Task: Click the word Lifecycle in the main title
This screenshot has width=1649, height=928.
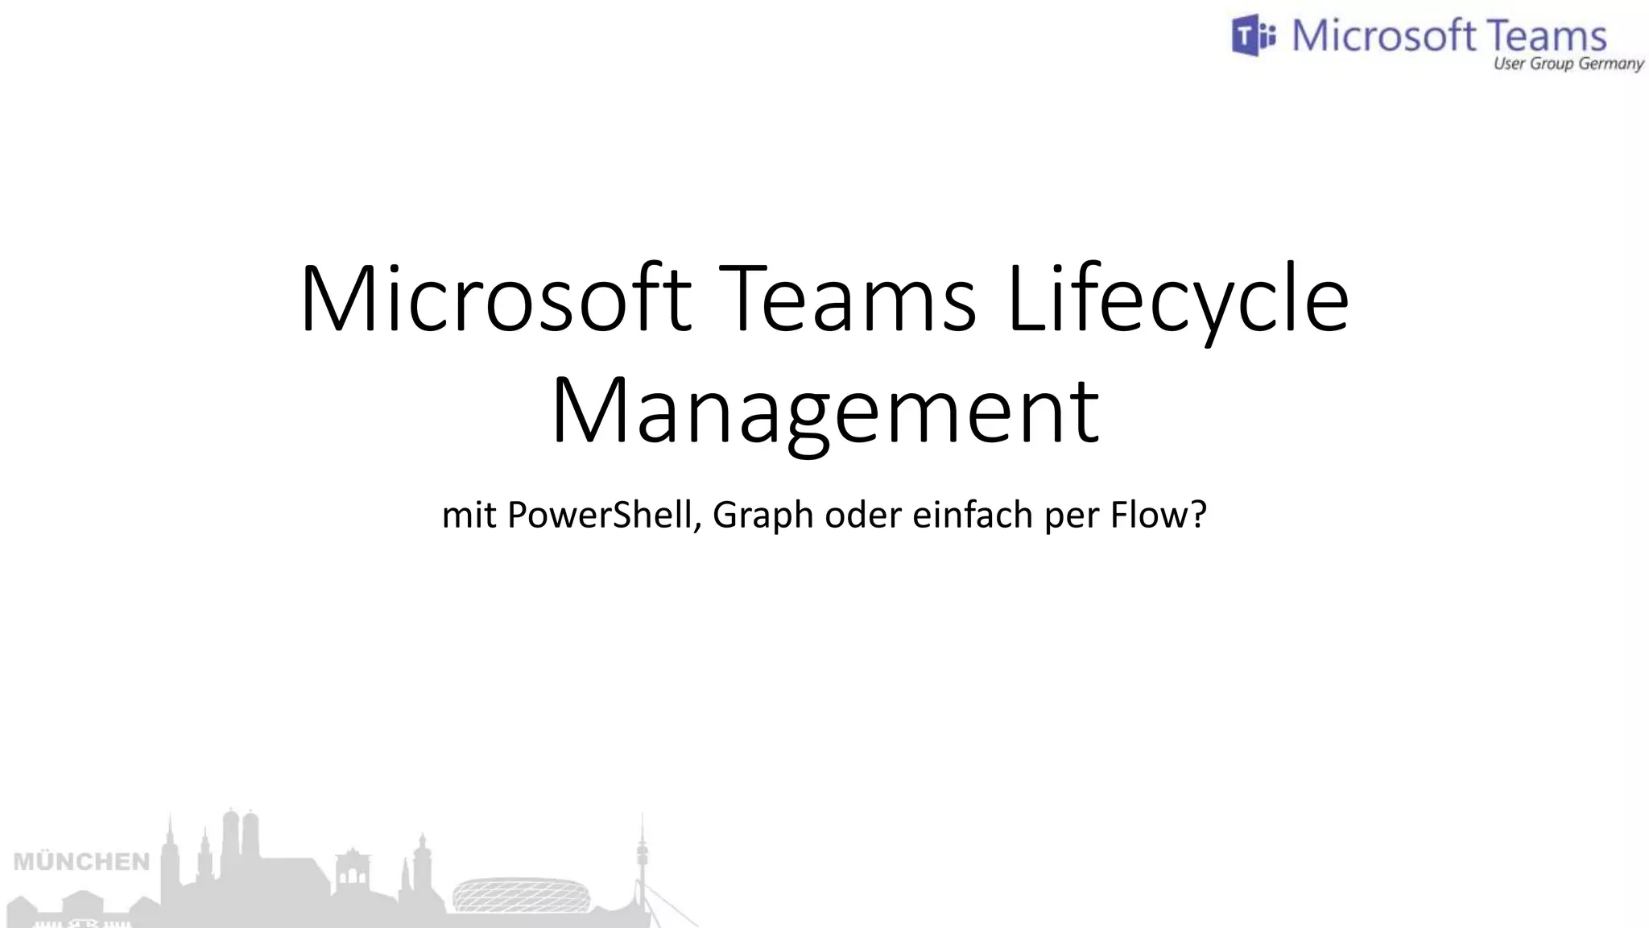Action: pos(1177,300)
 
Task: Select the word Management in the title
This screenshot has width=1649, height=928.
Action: pos(824,412)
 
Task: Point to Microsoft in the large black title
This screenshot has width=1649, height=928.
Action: pos(495,300)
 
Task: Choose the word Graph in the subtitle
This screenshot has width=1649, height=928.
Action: pos(763,515)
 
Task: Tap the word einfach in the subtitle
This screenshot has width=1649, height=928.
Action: pos(972,515)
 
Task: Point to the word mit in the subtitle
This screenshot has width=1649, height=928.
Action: pos(469,515)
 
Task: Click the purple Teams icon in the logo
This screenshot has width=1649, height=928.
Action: pos(1253,36)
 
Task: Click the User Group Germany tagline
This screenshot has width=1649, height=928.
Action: pos(1568,64)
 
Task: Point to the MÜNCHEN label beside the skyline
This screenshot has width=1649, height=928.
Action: pos(82,862)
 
